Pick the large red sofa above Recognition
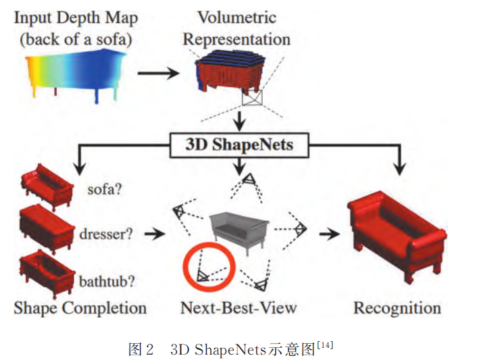coord(396,229)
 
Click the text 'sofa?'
coord(105,189)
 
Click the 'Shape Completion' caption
coord(80,309)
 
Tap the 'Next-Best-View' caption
coord(239,309)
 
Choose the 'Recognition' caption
coord(397,309)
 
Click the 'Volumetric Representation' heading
coord(236,28)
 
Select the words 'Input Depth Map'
coord(75,16)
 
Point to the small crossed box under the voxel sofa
coord(251,99)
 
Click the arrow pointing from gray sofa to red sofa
coord(329,233)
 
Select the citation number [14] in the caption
coord(324,346)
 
